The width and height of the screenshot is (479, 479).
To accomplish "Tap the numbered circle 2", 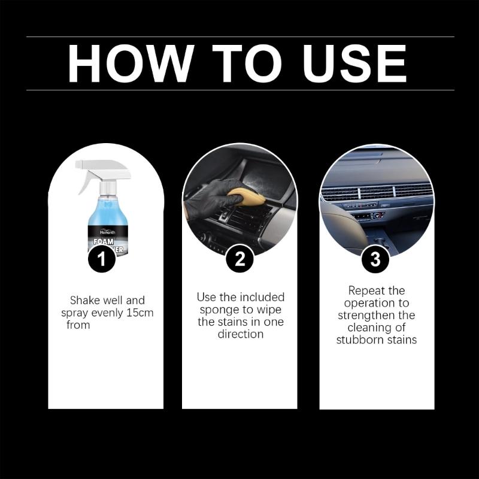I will click(239, 259).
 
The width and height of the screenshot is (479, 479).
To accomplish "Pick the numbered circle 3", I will click(375, 259).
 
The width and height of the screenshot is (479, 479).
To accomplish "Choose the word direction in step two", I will click(240, 334).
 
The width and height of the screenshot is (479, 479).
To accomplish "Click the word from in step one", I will click(78, 325).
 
